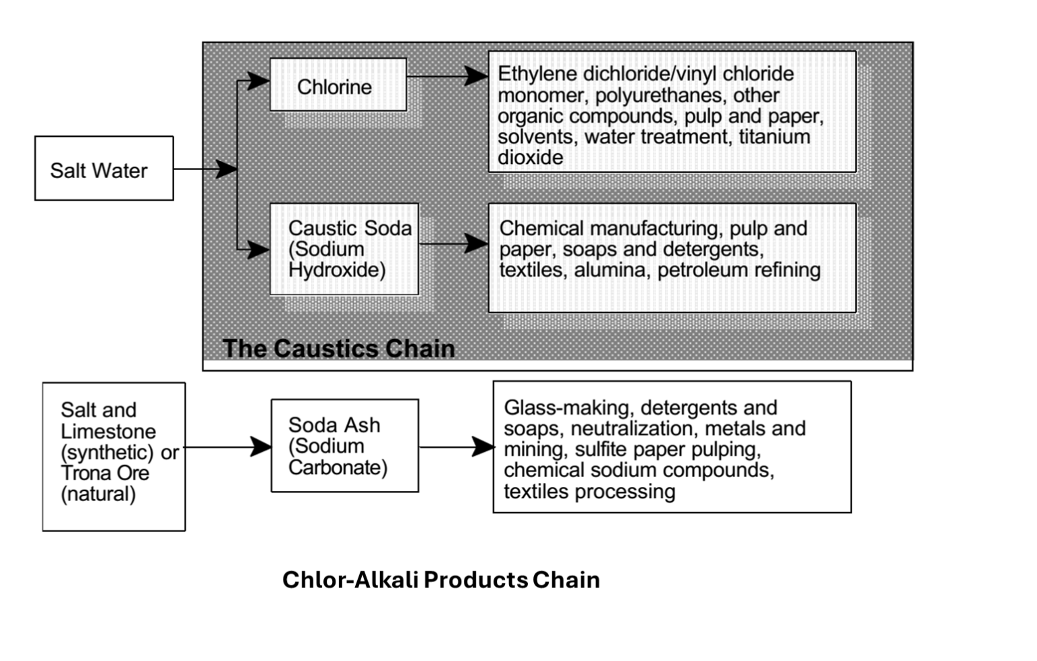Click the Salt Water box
click(104, 169)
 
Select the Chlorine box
click(338, 85)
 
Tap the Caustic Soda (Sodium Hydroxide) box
click(344, 249)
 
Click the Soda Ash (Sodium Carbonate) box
click(344, 446)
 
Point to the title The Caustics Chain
click(338, 348)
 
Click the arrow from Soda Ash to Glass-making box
click(456, 447)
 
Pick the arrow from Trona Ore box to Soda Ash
click(228, 447)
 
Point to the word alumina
click(607, 270)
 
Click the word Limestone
click(108, 431)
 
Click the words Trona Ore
click(105, 473)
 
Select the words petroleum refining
click(739, 270)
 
